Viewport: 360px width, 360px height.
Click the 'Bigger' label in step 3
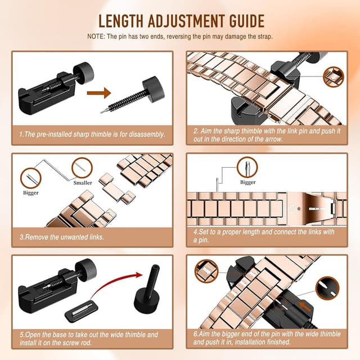(x=31, y=193)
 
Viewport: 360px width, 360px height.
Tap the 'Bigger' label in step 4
(x=247, y=182)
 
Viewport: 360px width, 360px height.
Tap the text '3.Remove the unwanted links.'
(x=61, y=237)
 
